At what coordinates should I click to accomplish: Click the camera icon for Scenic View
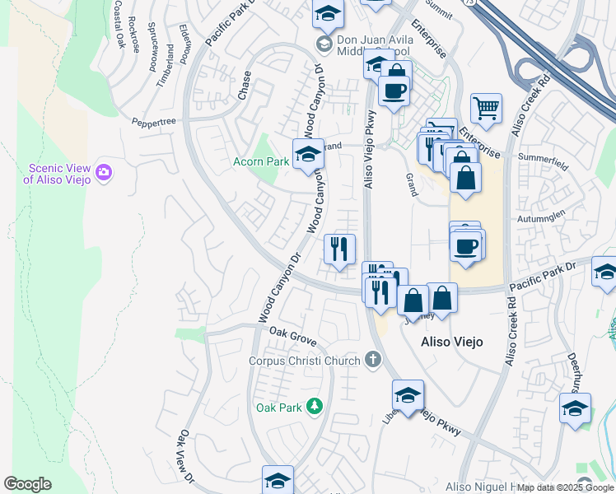[x=104, y=172]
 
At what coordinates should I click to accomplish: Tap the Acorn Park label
[x=260, y=161]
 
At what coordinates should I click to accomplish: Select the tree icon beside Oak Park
[x=314, y=407]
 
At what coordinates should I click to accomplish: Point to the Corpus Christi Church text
[x=305, y=361]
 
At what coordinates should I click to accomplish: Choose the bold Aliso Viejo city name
[x=451, y=341]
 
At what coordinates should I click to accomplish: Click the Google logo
[x=28, y=484]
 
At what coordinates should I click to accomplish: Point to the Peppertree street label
[x=154, y=121]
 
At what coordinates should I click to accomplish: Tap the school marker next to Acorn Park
[x=308, y=152]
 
